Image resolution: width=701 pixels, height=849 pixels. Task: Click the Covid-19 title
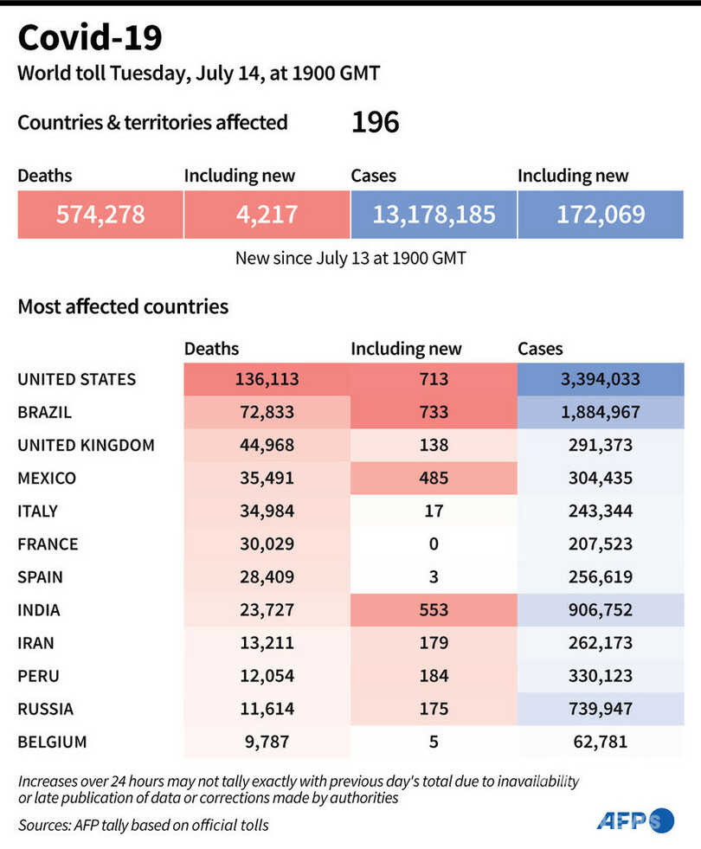tap(89, 38)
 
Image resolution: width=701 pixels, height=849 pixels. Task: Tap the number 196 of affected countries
tap(375, 123)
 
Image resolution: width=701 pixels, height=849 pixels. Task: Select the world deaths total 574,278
tap(100, 214)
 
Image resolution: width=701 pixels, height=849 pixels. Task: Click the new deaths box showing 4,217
tap(267, 214)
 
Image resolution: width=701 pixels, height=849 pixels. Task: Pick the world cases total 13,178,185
tap(434, 214)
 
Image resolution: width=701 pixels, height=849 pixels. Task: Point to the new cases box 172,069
tap(601, 214)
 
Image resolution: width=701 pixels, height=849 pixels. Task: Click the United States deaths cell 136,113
tap(267, 379)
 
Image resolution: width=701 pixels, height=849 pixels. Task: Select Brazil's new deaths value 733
tap(433, 412)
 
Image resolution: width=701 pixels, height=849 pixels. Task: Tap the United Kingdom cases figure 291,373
tap(601, 445)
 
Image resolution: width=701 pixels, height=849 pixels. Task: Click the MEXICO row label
tap(47, 478)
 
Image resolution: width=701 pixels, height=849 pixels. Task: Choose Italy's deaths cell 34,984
tap(267, 511)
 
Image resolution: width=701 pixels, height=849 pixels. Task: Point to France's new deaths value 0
tap(433, 543)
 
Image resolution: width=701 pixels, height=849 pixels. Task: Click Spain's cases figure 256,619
tap(601, 576)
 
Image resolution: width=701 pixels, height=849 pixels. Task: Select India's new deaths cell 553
tap(433, 610)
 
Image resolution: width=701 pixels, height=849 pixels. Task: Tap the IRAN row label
tap(37, 643)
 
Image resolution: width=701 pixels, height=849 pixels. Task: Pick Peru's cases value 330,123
tap(601, 676)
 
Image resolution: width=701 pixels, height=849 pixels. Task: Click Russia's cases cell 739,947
tap(601, 709)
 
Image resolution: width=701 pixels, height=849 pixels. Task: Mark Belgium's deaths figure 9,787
tap(267, 742)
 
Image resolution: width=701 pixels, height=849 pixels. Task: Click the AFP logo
tap(633, 820)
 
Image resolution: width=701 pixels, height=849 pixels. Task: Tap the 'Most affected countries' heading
tap(123, 306)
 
